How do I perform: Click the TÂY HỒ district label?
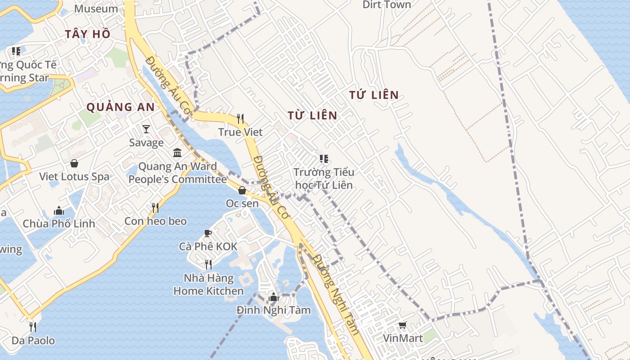[x=87, y=34]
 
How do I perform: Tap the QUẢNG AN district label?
[x=120, y=107]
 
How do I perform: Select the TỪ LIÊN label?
[x=312, y=116]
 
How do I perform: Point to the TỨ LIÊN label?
[x=374, y=95]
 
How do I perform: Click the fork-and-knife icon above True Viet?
[x=240, y=119]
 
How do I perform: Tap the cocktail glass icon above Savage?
[x=146, y=130]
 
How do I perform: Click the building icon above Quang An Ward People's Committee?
[x=177, y=153]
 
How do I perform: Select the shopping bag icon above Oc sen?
[x=242, y=190]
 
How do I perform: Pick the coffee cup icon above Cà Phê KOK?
[x=207, y=233]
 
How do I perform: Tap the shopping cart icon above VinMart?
[x=403, y=325]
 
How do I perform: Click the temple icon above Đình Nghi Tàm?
[x=273, y=297]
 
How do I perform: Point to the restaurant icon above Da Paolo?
[x=33, y=327]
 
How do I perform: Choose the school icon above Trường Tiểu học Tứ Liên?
[x=324, y=159]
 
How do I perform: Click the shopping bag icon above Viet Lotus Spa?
[x=74, y=163]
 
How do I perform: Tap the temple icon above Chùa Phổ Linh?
[x=59, y=211]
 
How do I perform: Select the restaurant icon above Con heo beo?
[x=155, y=207]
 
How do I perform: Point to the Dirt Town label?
[x=387, y=5]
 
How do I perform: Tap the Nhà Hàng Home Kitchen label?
[x=208, y=284]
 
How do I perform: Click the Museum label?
[x=96, y=9]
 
